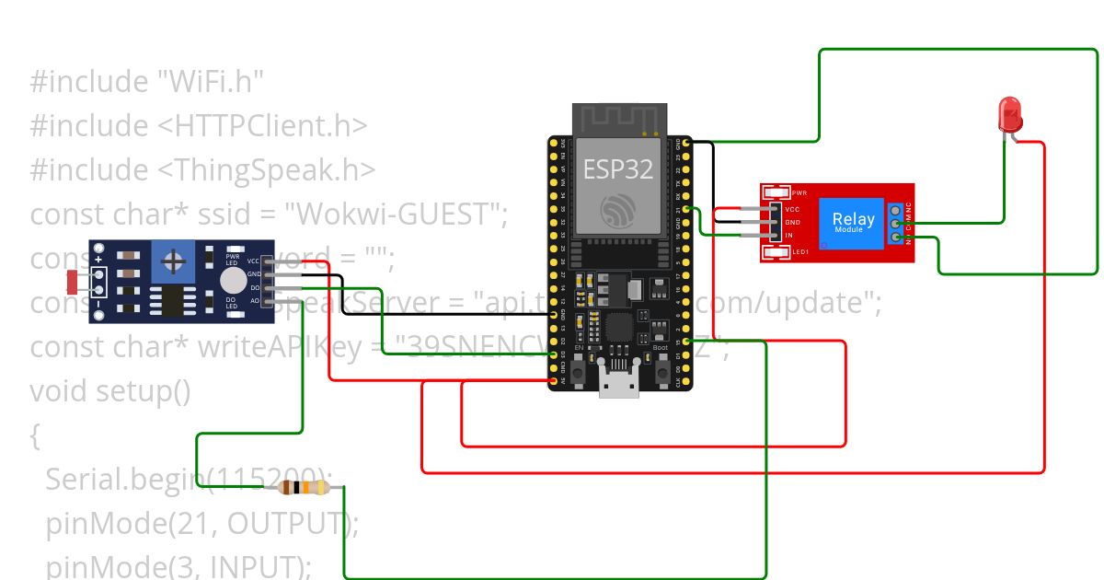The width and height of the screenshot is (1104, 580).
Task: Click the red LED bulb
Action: [1010, 114]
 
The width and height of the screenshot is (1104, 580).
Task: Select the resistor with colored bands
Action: [304, 488]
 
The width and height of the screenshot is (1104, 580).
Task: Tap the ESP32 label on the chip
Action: [617, 169]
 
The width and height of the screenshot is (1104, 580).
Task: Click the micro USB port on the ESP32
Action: [618, 381]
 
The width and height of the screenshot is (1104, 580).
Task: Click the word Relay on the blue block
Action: [853, 218]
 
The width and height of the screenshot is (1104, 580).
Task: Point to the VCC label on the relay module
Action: [792, 209]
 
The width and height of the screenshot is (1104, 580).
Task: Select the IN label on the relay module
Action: [788, 236]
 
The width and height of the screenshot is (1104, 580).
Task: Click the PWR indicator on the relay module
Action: [776, 193]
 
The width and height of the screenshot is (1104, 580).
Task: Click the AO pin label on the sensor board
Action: [254, 301]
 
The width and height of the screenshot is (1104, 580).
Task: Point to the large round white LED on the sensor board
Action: [234, 280]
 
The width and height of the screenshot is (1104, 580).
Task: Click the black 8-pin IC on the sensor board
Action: [172, 300]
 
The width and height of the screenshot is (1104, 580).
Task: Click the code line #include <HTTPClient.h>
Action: [199, 125]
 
